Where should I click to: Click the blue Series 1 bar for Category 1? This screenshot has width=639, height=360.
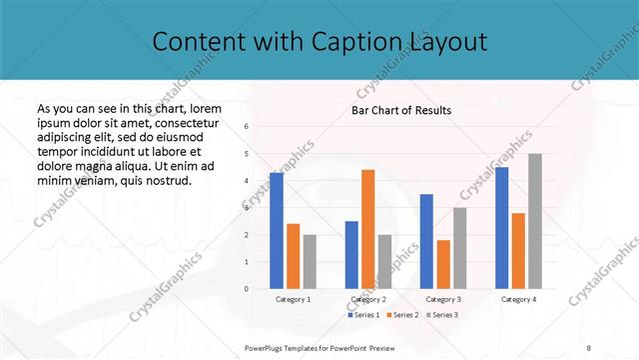click(x=277, y=231)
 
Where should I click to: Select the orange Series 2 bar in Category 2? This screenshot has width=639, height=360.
click(x=367, y=229)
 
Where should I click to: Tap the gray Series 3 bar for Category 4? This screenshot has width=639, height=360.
click(x=535, y=221)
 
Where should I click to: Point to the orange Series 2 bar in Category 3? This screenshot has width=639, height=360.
click(x=443, y=264)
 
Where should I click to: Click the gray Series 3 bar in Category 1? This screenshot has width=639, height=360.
click(x=310, y=262)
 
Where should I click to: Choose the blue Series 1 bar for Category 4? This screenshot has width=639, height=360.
click(x=501, y=228)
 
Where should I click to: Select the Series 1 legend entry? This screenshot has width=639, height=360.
click(x=362, y=315)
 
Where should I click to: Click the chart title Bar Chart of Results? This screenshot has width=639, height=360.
click(x=400, y=110)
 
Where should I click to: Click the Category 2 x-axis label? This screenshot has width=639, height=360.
click(x=367, y=299)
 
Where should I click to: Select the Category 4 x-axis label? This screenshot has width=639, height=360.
click(x=518, y=299)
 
